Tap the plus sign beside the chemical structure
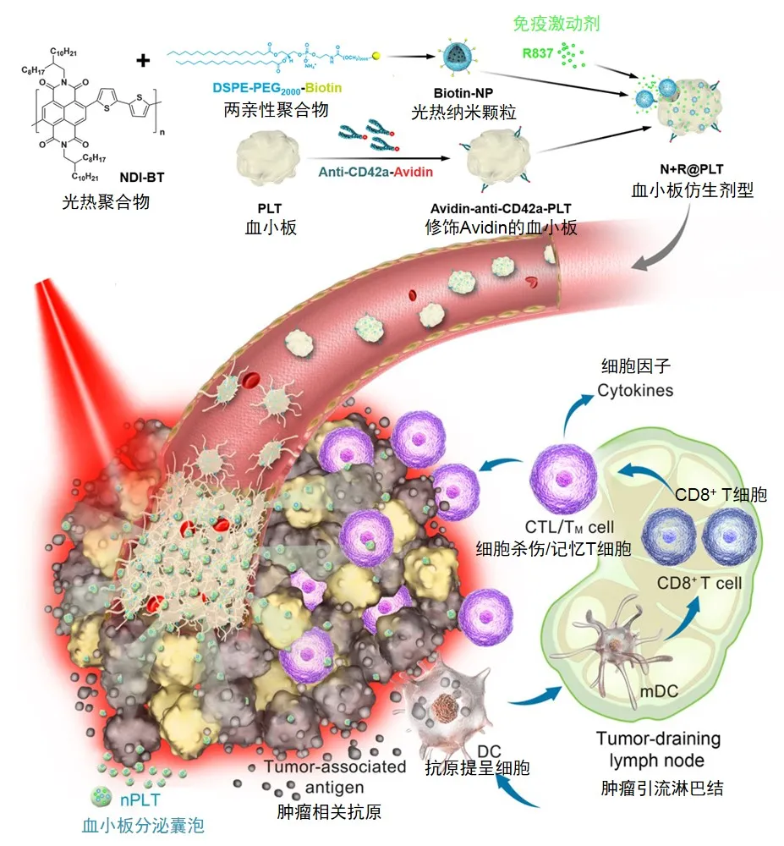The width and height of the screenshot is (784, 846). tap(144, 60)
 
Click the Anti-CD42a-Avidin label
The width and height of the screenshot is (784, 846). tap(376, 173)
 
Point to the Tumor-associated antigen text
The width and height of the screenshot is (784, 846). tap(334, 777)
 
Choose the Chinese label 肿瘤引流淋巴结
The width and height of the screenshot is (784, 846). tap(658, 790)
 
